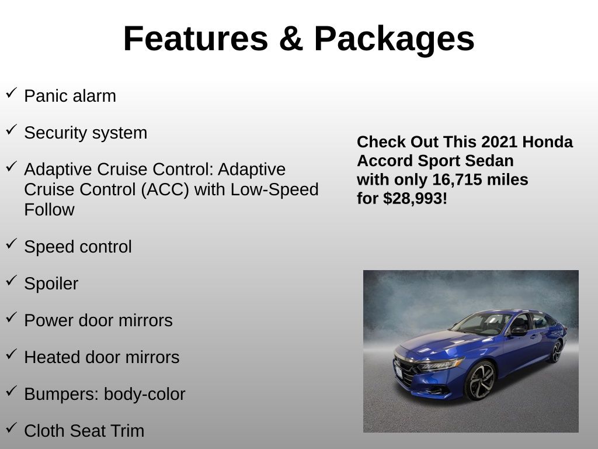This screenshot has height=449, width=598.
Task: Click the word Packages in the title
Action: [394, 39]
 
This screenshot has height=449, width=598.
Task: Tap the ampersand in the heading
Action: [291, 38]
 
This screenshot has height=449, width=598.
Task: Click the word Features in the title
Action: [196, 38]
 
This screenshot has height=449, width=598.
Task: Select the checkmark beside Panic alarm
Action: [12, 93]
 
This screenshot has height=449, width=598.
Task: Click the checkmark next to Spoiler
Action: [12, 280]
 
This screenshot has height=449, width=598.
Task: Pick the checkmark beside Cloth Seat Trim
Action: [12, 427]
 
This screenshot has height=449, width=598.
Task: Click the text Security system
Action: [85, 133]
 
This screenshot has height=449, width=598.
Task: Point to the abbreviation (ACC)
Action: [165, 189]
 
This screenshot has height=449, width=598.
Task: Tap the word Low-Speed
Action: [274, 189]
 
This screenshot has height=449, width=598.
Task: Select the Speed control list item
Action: [78, 247]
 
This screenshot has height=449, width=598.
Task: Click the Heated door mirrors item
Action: [102, 357]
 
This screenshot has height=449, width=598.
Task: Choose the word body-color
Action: [145, 395]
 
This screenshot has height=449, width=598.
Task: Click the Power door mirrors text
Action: [98, 321]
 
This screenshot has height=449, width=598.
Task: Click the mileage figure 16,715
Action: [457, 179]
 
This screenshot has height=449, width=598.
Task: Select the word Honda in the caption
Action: [547, 142]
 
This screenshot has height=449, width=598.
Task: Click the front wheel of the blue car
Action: [481, 380]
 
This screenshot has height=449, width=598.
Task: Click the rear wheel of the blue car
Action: [556, 351]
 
